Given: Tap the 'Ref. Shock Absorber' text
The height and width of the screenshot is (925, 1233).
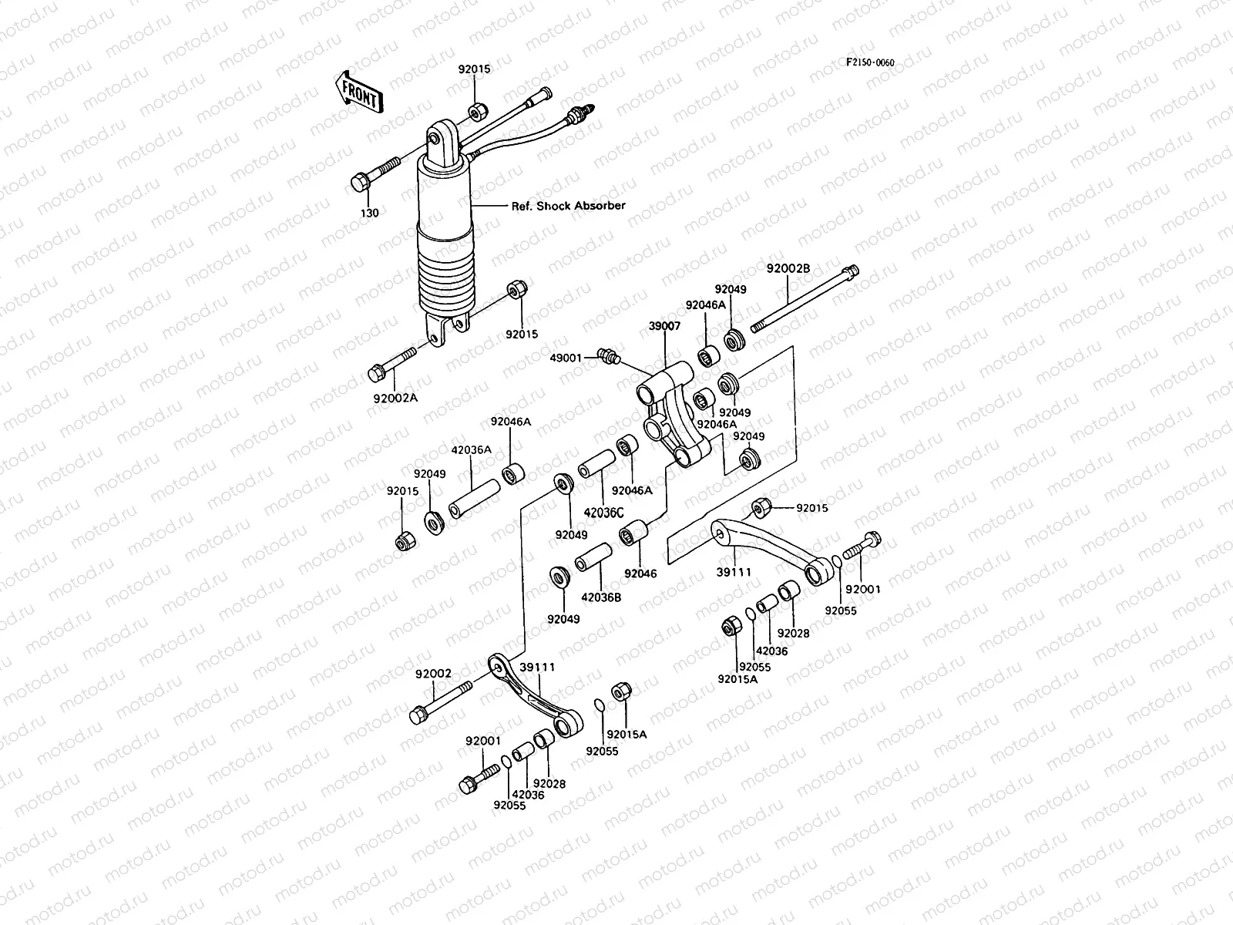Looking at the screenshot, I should pyautogui.click(x=569, y=206).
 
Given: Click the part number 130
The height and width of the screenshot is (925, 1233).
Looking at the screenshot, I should pyautogui.click(x=371, y=213).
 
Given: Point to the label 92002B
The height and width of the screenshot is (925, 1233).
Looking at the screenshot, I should pyautogui.click(x=788, y=268).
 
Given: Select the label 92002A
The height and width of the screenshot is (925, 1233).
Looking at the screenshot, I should pyautogui.click(x=396, y=398).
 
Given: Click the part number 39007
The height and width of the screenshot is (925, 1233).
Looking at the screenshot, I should pyautogui.click(x=664, y=326).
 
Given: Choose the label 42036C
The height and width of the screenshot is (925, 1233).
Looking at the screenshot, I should pyautogui.click(x=603, y=511).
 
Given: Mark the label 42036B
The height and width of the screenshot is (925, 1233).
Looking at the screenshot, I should pyautogui.click(x=601, y=596).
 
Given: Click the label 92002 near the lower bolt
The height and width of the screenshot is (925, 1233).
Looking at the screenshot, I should pyautogui.click(x=433, y=673).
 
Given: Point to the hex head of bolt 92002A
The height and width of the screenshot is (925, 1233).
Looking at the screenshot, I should pyautogui.click(x=378, y=374).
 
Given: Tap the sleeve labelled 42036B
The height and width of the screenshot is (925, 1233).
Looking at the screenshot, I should pyautogui.click(x=595, y=560).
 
